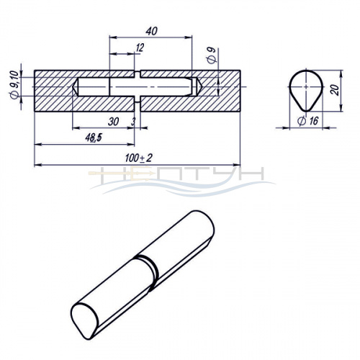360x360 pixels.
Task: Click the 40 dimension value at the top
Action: (x=152, y=31)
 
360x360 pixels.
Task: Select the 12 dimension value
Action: (x=140, y=48)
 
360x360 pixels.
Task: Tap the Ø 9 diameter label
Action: (x=212, y=55)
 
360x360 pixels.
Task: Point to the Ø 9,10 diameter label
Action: (x=14, y=85)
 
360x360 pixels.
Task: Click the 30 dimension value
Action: (x=113, y=122)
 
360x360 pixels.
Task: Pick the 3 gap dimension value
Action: (x=133, y=122)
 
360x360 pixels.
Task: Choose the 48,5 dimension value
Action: (x=94, y=138)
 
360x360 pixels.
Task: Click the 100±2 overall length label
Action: (x=139, y=158)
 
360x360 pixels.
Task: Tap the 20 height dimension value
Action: (x=336, y=90)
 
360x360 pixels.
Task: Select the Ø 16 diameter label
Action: (x=308, y=121)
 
